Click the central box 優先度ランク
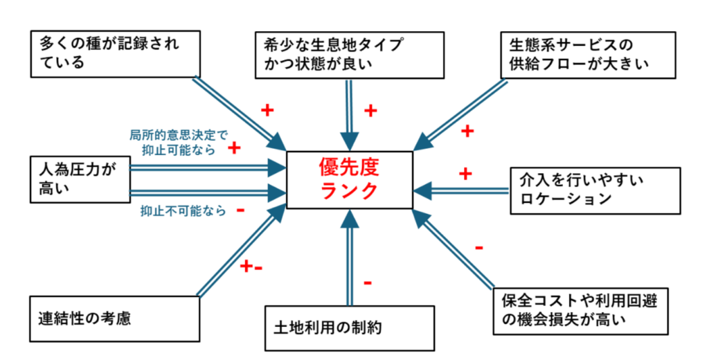(x=350, y=178)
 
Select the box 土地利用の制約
(x=348, y=327)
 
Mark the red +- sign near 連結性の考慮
(x=250, y=266)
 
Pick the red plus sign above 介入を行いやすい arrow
(x=465, y=172)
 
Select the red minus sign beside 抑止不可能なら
(x=240, y=210)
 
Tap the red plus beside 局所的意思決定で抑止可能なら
(x=234, y=147)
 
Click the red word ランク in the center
(x=350, y=190)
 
